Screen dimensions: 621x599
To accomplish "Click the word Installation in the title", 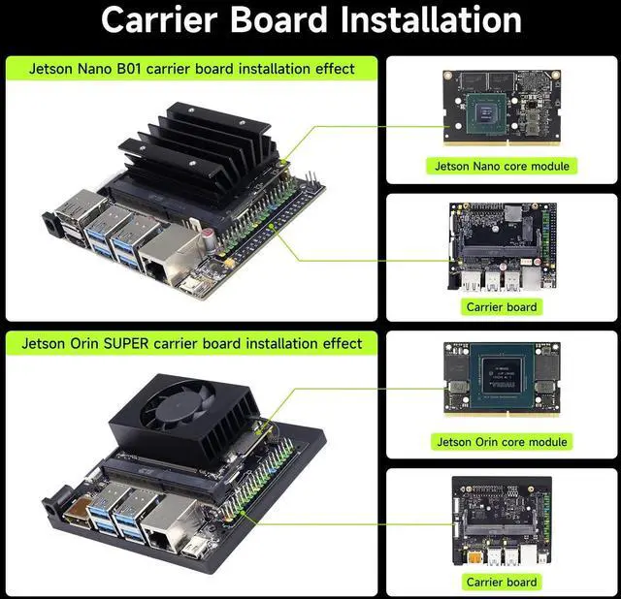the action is coord(431,19).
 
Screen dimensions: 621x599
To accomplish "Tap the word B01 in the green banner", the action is coord(129,69).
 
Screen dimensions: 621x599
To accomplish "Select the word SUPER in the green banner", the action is coord(126,343).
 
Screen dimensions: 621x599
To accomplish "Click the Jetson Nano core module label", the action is coord(502,166).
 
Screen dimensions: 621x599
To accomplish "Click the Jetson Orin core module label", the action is coord(502,442).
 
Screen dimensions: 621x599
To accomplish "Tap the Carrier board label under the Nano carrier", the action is coord(502,307).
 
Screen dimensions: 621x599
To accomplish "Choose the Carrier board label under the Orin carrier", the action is coord(502,582).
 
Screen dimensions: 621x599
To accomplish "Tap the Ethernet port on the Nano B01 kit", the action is coord(168,252).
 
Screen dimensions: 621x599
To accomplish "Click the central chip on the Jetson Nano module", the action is coord(486,114).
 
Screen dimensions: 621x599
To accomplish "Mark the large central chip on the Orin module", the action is coord(502,376).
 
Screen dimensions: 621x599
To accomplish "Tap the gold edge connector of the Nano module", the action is coord(502,142).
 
